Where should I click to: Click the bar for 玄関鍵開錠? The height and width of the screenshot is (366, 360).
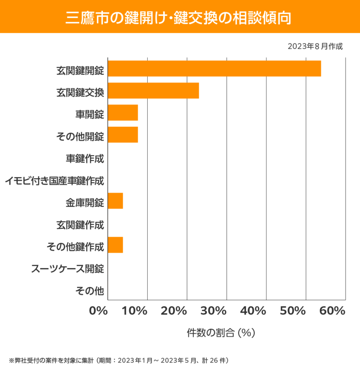(214, 69)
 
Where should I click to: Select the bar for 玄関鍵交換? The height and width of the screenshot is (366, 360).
(153, 91)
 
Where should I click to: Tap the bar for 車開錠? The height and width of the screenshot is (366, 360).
(123, 113)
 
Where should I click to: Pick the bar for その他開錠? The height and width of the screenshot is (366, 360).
(123, 135)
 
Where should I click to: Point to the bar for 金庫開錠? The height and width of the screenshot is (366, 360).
(115, 201)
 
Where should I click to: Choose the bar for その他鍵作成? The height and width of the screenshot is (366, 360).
(115, 245)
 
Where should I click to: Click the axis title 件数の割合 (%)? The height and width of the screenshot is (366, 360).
(221, 333)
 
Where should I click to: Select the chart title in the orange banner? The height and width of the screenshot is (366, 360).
(180, 17)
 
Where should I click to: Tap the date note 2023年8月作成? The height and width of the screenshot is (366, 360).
(315, 46)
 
